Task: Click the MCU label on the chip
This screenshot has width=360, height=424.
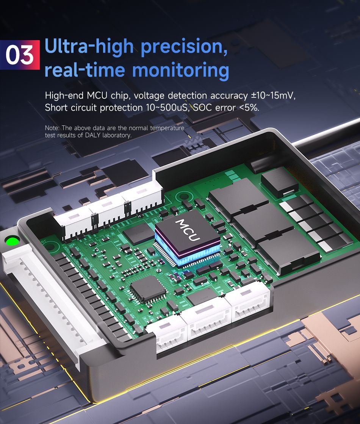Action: click(x=188, y=230)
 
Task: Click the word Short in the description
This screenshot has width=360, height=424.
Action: click(x=56, y=108)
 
